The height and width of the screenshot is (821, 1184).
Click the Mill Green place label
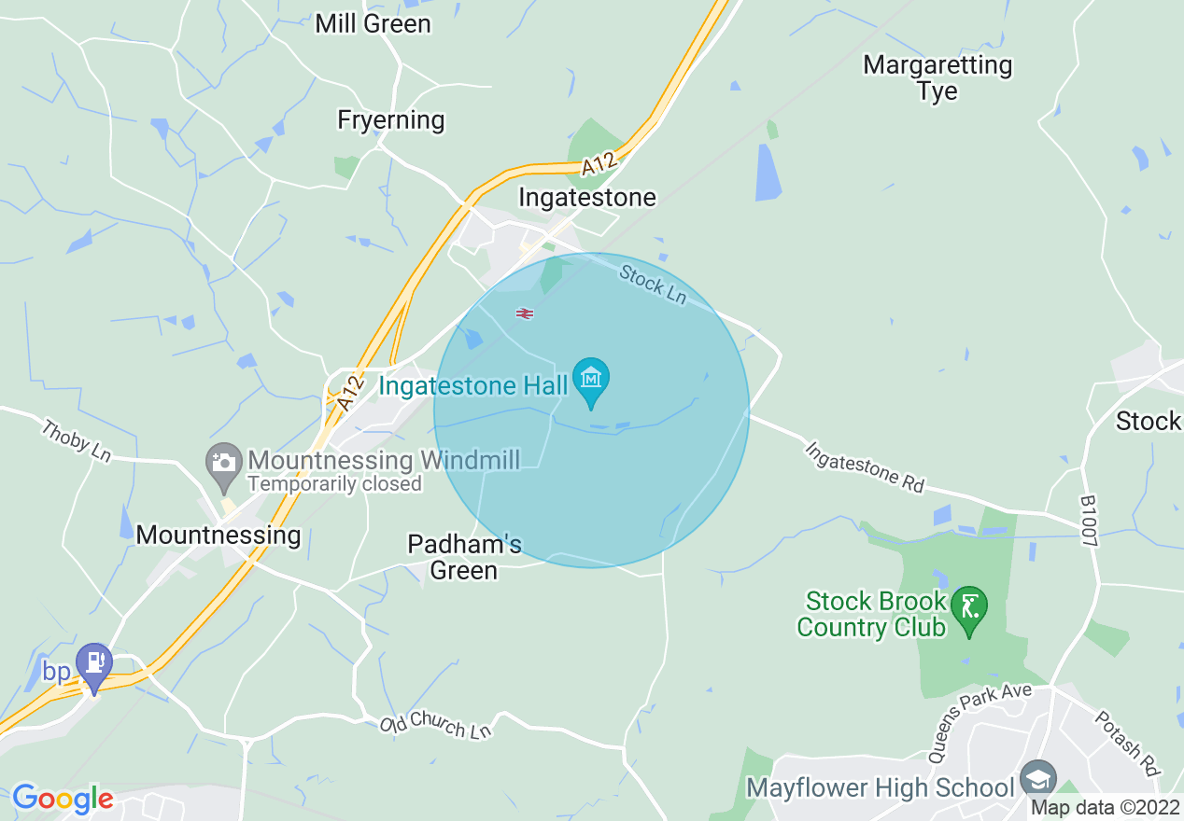373,23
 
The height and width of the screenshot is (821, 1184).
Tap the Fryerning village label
391,120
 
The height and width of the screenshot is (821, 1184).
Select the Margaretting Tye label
937,78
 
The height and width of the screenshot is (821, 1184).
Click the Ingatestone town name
586,198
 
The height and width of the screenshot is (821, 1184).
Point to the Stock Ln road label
653,283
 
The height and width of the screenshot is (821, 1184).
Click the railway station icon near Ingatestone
525,313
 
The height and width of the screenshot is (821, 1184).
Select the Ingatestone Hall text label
473,386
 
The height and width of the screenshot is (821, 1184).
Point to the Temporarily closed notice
334,484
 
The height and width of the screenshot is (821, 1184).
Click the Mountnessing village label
218,535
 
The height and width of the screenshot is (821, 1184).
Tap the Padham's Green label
464,556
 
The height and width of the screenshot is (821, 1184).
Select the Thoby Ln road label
77,439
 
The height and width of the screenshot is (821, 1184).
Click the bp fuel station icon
94,662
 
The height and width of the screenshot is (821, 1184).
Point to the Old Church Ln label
436,727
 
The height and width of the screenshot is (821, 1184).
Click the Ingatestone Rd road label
865,467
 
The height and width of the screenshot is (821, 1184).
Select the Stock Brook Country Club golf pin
970,608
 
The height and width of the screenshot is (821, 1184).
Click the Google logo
63,799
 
